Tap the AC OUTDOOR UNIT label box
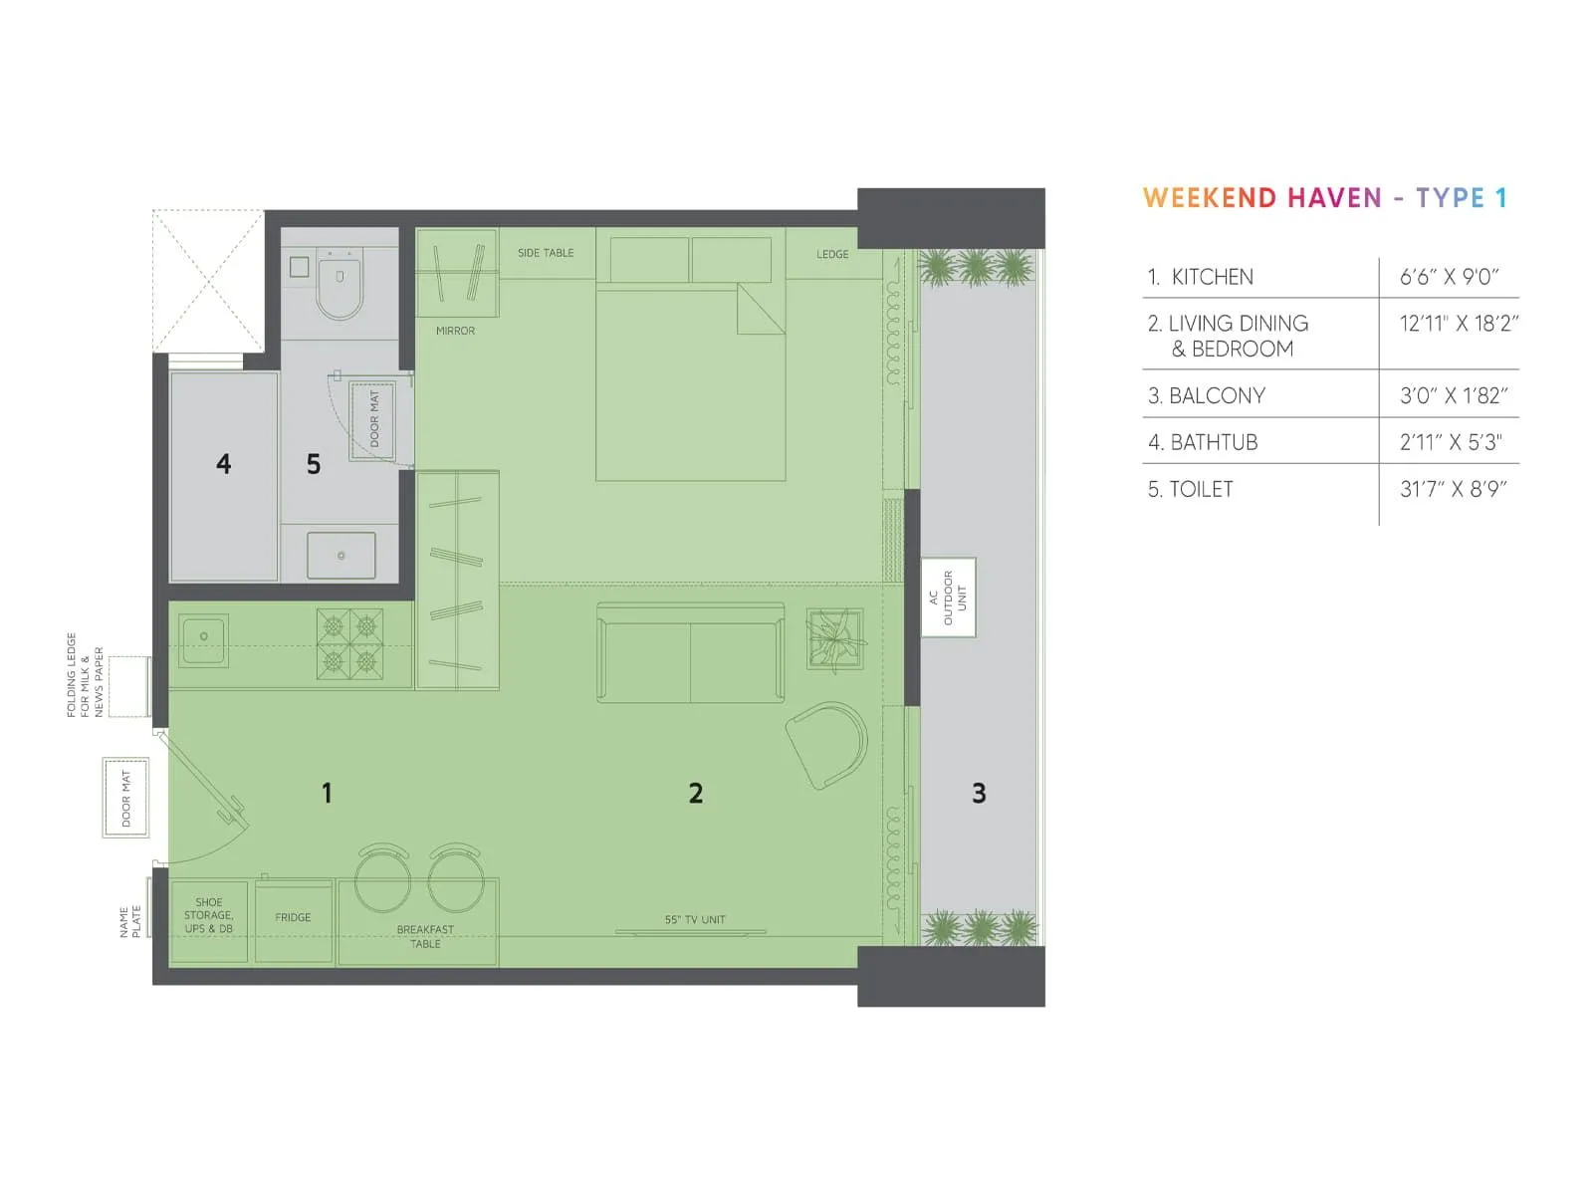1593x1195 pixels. click(948, 597)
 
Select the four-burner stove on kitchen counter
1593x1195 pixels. click(349, 644)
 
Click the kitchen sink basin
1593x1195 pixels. click(204, 637)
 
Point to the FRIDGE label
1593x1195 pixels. click(293, 917)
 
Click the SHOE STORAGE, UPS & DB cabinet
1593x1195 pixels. click(209, 920)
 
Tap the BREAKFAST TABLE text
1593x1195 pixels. click(425, 936)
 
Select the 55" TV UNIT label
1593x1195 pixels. click(695, 919)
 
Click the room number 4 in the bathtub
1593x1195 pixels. click(224, 464)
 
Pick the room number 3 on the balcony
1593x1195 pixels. click(979, 794)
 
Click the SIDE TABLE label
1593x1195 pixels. click(546, 253)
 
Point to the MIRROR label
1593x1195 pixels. click(455, 331)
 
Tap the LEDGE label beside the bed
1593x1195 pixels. click(832, 254)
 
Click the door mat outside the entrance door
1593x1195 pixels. click(126, 798)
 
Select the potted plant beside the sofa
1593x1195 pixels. click(834, 638)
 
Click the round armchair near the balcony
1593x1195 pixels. click(828, 745)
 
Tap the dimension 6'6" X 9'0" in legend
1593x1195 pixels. click(1449, 277)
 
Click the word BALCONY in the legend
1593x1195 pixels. click(1217, 395)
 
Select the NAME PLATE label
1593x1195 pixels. click(130, 922)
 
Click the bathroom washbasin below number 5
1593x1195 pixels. click(341, 556)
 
